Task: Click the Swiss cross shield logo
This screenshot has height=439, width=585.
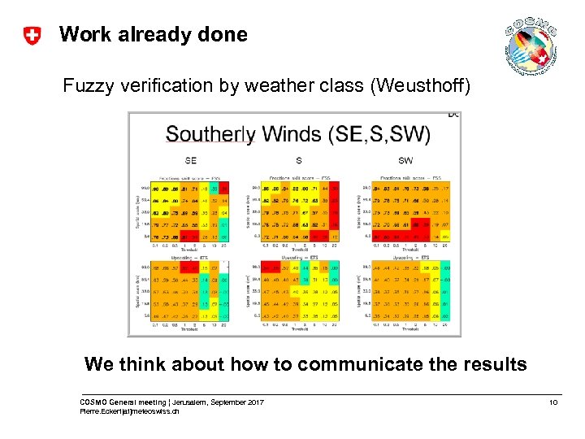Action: tap(32, 36)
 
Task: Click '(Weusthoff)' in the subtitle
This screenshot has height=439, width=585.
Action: tap(418, 85)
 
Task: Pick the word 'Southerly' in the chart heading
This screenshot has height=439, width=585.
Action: tap(210, 134)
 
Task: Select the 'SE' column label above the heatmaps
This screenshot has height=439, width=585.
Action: tap(191, 160)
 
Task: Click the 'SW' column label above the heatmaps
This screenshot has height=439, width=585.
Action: tap(405, 160)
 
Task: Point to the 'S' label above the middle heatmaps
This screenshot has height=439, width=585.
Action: tap(299, 160)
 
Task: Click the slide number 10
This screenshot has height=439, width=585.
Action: tap(553, 403)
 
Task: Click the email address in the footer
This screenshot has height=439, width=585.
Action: tap(130, 412)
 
